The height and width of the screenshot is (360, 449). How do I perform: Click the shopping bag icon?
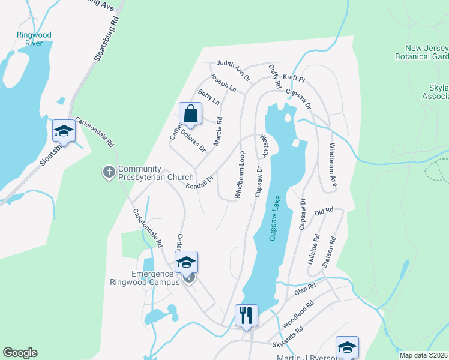pos(190,113)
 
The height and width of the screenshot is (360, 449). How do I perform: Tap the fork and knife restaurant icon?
pos(246,315)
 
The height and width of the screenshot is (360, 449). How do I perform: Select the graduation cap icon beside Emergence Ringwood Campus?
pos(186,262)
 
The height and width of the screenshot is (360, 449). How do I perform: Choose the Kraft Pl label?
pos(294,79)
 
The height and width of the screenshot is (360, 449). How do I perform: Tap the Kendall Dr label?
pos(200,183)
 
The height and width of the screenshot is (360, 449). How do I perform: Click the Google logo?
pos(20,353)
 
